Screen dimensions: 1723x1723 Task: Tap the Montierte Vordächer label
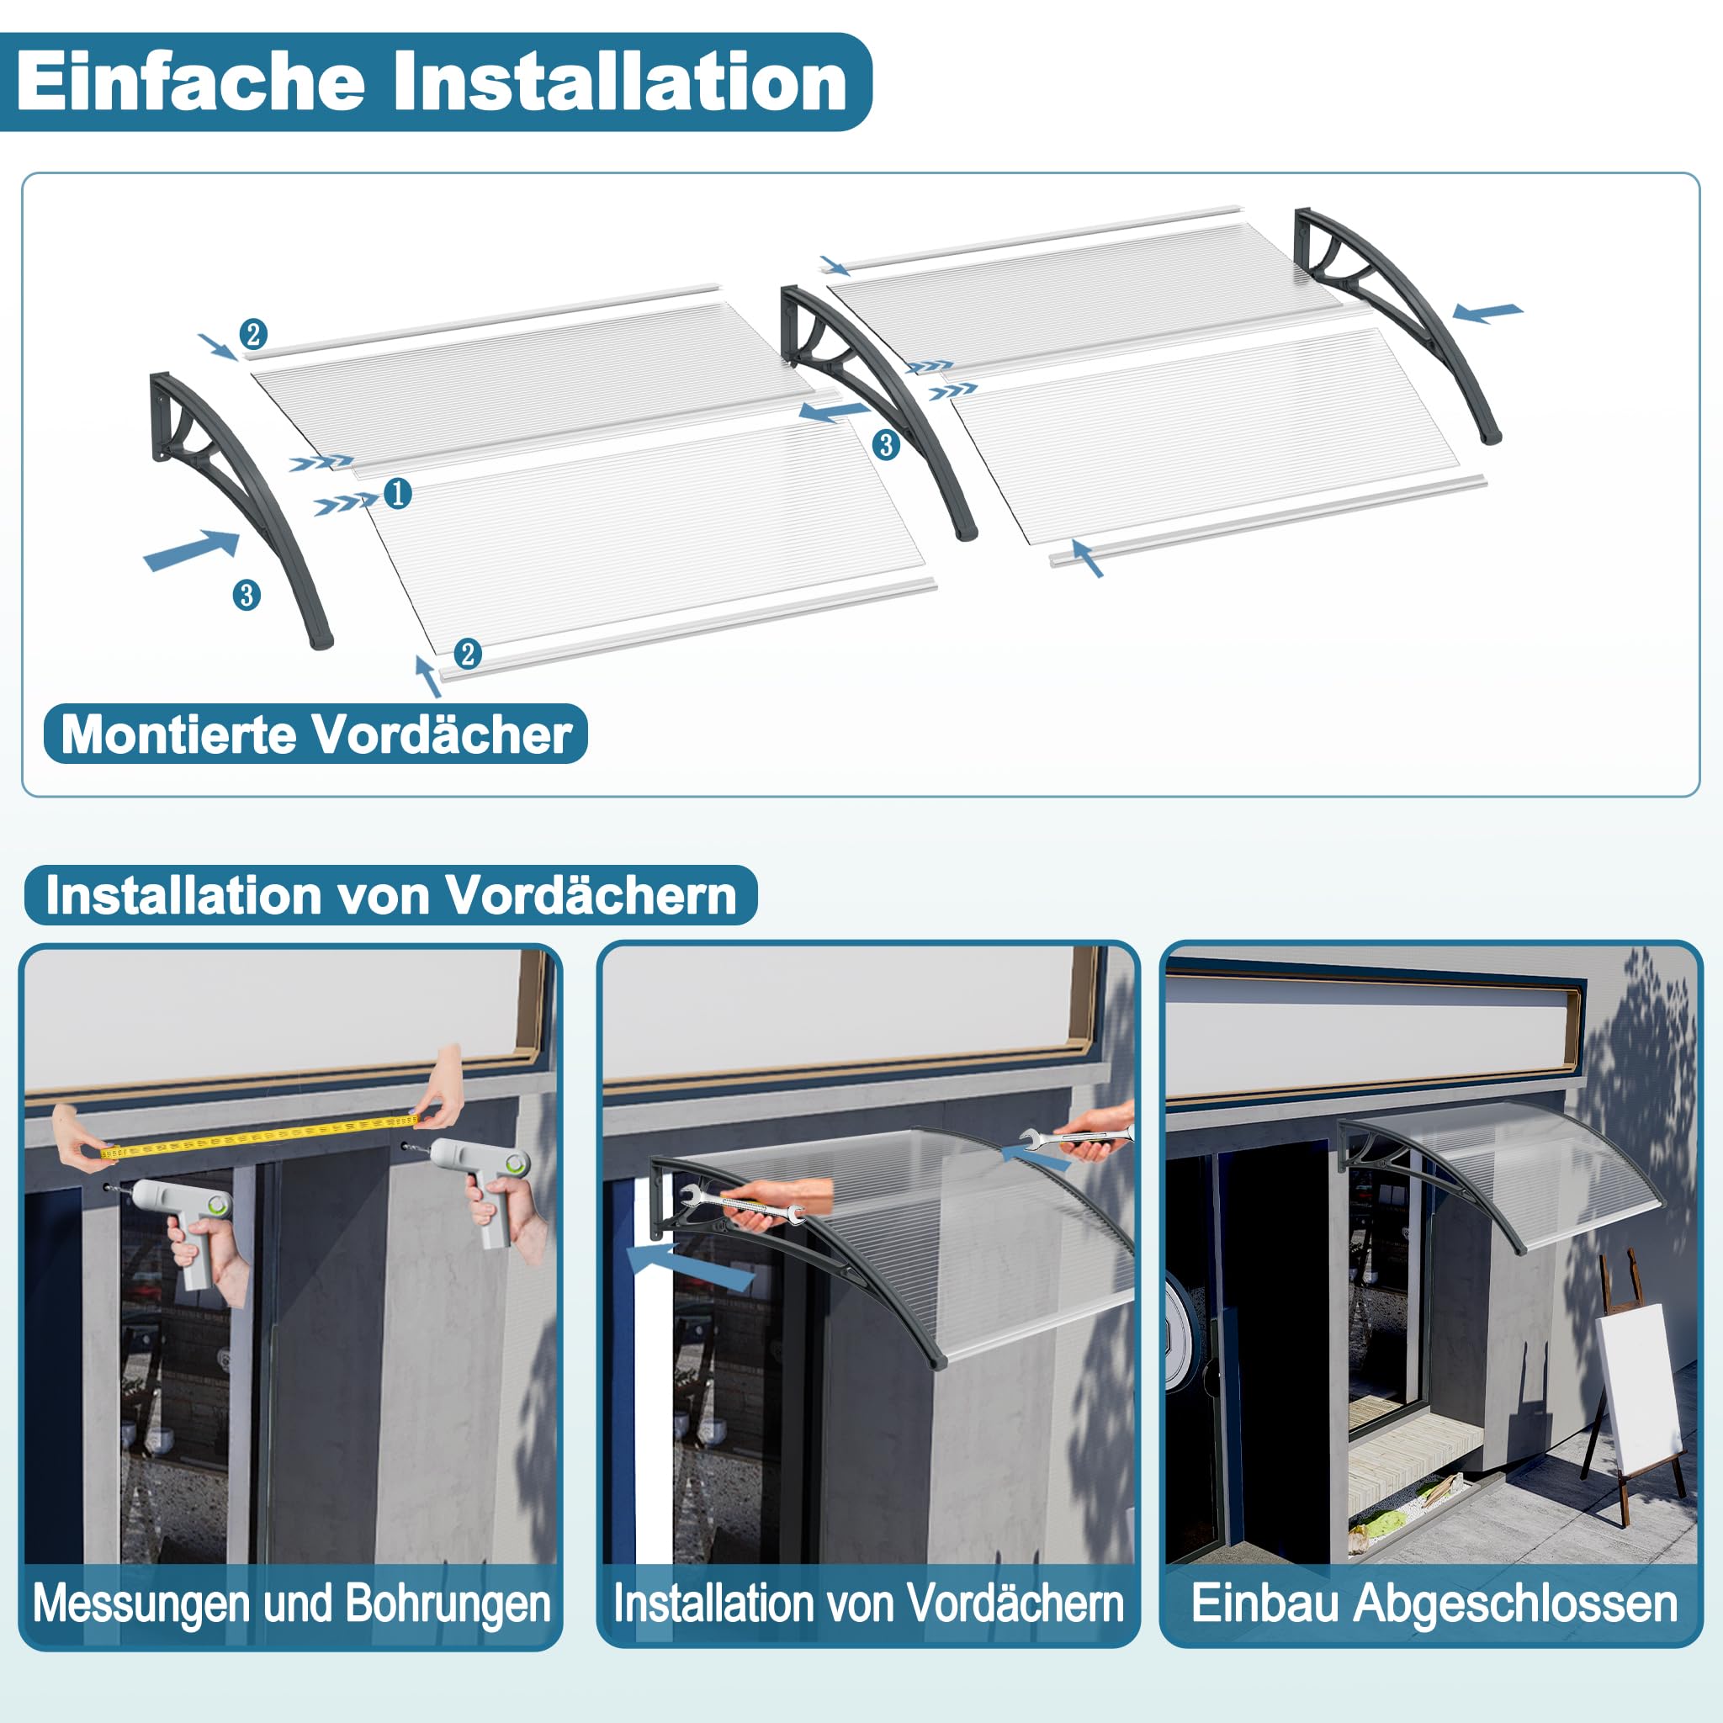[315, 734]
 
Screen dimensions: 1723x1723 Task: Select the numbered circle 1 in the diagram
[398, 492]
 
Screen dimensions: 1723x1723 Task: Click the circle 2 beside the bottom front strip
[467, 654]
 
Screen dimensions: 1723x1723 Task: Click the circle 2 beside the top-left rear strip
[253, 335]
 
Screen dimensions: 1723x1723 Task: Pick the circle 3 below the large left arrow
[247, 595]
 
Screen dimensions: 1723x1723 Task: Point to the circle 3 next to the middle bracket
[885, 444]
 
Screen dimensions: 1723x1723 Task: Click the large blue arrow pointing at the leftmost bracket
[192, 549]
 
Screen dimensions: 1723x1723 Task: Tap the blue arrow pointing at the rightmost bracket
[1487, 312]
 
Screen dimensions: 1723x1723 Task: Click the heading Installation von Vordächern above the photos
[390, 894]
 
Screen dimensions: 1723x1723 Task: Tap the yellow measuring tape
[258, 1134]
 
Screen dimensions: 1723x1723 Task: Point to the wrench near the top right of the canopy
[1074, 1138]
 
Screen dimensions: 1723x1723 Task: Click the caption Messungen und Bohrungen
[292, 1604]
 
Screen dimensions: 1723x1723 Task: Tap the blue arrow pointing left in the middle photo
[692, 1267]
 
